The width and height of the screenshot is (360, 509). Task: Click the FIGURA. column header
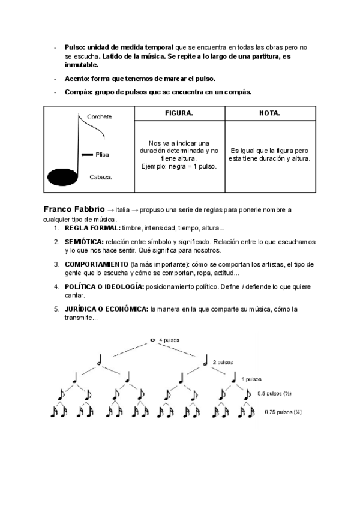click(179, 113)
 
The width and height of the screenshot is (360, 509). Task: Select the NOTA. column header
click(269, 113)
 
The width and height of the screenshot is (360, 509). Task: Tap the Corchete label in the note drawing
click(99, 116)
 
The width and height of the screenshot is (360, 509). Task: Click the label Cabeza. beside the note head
click(101, 177)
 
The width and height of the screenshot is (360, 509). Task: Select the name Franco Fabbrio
click(74, 209)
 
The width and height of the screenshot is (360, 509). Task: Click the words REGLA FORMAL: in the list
click(92, 229)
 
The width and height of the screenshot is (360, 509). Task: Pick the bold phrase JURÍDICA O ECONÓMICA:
click(107, 309)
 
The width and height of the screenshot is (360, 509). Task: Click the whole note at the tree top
click(153, 340)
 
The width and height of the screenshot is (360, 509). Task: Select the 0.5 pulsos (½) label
click(274, 394)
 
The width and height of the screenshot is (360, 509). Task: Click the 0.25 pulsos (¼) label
click(283, 412)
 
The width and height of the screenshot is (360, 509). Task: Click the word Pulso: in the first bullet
click(75, 46)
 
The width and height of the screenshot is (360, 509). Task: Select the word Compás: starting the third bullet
click(79, 92)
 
